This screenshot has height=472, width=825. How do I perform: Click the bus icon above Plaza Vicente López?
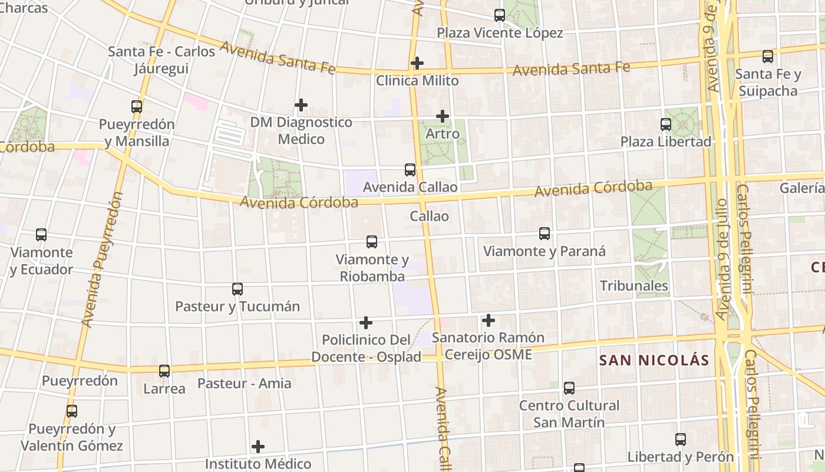pos(500,15)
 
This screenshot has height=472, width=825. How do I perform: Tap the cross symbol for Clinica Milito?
pos(417,63)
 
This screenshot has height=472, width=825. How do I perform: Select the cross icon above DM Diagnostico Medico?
pos(301,105)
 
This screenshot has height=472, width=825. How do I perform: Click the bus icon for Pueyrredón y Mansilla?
pos(137,107)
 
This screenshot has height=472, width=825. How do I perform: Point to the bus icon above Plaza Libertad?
pos(666,124)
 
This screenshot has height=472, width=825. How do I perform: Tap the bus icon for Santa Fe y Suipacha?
pos(768,57)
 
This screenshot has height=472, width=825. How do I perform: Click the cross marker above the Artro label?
pos(443,116)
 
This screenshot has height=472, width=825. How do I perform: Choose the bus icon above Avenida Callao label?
pos(410,170)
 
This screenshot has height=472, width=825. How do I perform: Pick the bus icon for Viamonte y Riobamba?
pos(372,242)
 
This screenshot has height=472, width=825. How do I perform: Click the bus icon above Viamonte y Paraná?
pos(544,234)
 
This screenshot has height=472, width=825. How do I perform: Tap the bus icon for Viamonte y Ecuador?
pos(41,235)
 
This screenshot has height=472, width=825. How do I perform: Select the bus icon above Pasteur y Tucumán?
pos(237,289)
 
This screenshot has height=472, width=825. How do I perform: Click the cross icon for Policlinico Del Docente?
pos(366,323)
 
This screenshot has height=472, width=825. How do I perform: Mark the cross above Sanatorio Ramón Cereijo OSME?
pos(489,320)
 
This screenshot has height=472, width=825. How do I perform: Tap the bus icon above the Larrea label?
pos(164,371)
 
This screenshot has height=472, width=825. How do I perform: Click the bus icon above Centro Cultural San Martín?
pos(569,388)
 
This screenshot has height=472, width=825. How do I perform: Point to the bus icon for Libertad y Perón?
pos(681,440)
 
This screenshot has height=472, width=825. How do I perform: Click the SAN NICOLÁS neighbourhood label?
pos(654,360)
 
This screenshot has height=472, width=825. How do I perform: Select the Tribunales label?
pos(634,286)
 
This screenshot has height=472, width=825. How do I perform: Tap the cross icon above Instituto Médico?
pos(258,447)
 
